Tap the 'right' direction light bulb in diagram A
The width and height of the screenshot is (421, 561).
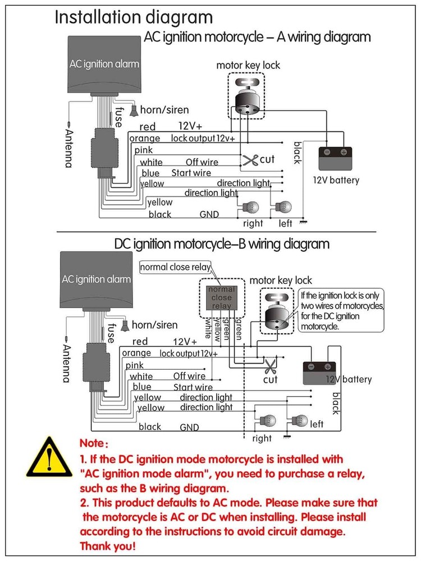coord(247,207)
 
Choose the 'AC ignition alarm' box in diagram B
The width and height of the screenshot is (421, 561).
coord(96,279)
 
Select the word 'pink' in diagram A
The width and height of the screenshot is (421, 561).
coord(143,150)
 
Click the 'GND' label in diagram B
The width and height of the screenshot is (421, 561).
coord(189,427)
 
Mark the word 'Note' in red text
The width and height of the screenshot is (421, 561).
coord(95,443)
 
